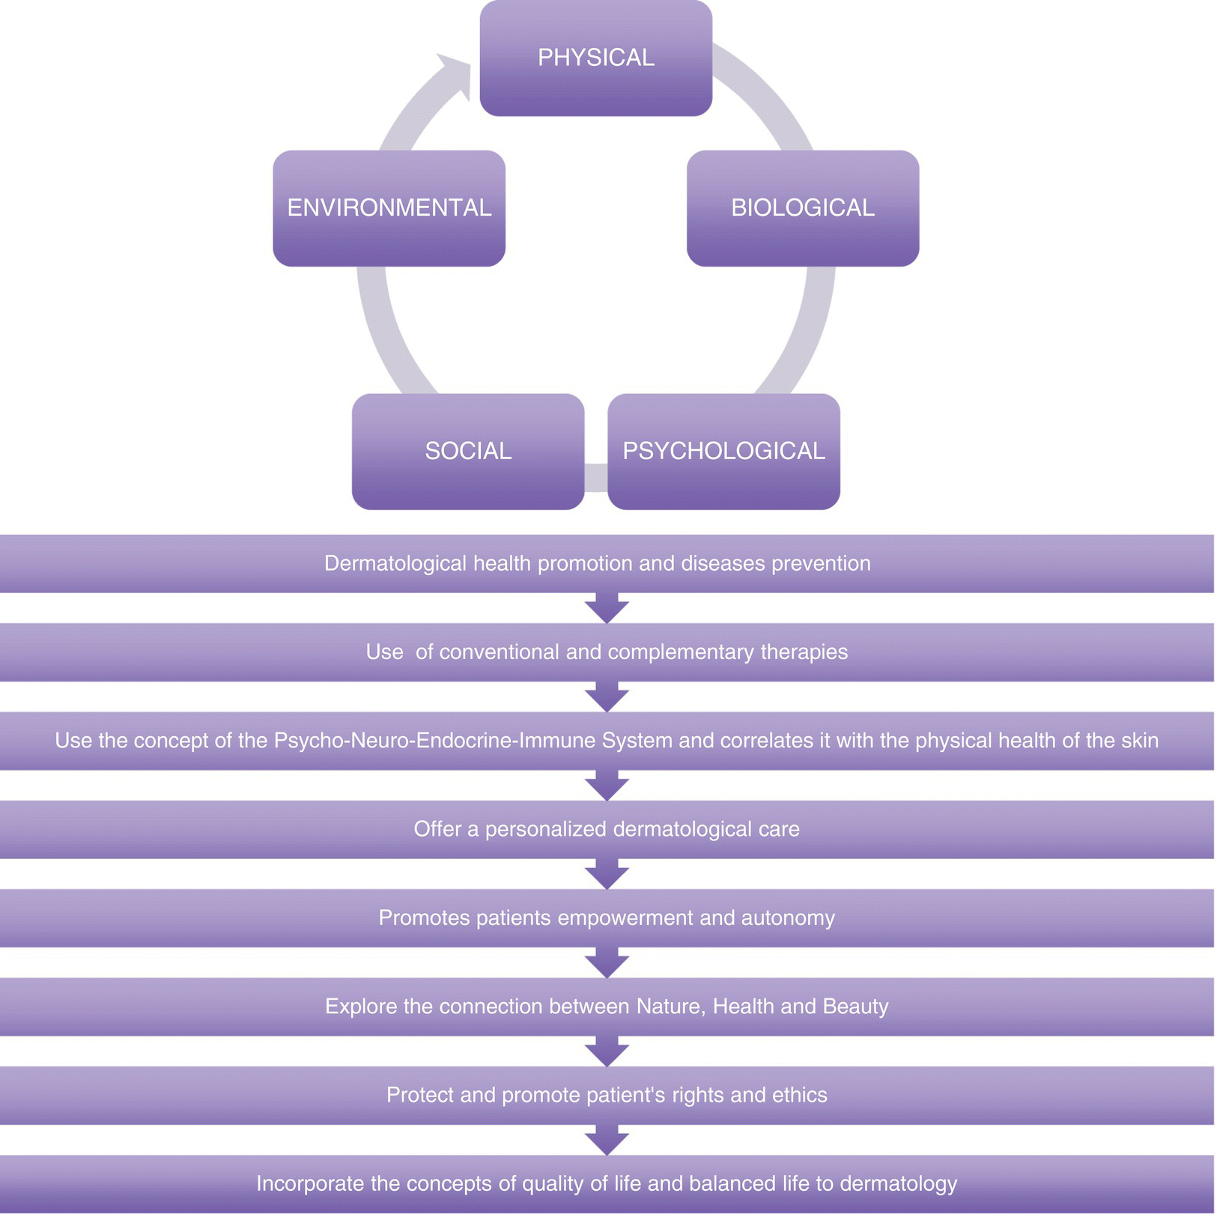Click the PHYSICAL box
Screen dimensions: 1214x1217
click(x=595, y=58)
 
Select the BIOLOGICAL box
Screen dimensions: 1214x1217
click(x=802, y=208)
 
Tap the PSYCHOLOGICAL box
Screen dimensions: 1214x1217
click(x=723, y=452)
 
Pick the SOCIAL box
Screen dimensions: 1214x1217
click(x=468, y=452)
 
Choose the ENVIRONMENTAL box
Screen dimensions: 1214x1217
click(x=389, y=208)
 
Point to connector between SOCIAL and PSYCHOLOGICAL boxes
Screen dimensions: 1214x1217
click(x=596, y=478)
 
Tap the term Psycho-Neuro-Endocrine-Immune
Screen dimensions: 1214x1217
click(x=473, y=741)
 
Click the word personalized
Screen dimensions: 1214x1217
click(x=545, y=829)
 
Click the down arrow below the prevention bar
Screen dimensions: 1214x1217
click(x=607, y=609)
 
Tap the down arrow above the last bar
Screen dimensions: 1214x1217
click(x=607, y=1141)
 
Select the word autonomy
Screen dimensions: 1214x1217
click(x=788, y=917)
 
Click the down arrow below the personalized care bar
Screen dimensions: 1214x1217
click(x=607, y=875)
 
